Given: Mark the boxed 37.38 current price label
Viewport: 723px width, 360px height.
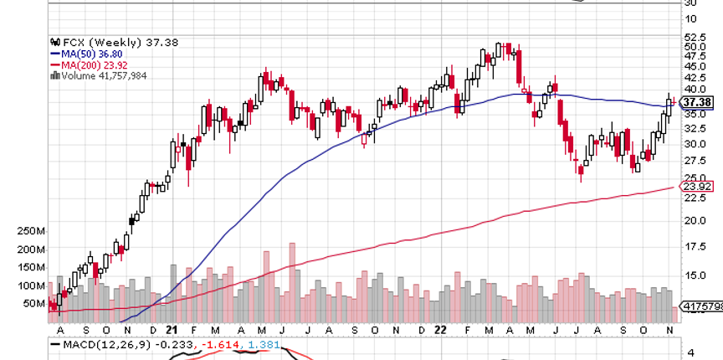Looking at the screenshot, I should click(x=696, y=102).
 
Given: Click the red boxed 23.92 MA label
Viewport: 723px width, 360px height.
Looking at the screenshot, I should click(x=696, y=187).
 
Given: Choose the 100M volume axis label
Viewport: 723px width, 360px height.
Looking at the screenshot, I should click(x=31, y=285).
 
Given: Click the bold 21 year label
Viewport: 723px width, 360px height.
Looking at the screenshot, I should click(x=171, y=330).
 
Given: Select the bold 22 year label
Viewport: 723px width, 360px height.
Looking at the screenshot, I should click(x=439, y=330).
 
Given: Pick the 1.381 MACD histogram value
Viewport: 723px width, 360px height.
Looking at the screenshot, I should click(x=262, y=344).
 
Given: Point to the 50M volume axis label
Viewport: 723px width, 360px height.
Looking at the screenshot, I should click(x=33, y=303).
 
